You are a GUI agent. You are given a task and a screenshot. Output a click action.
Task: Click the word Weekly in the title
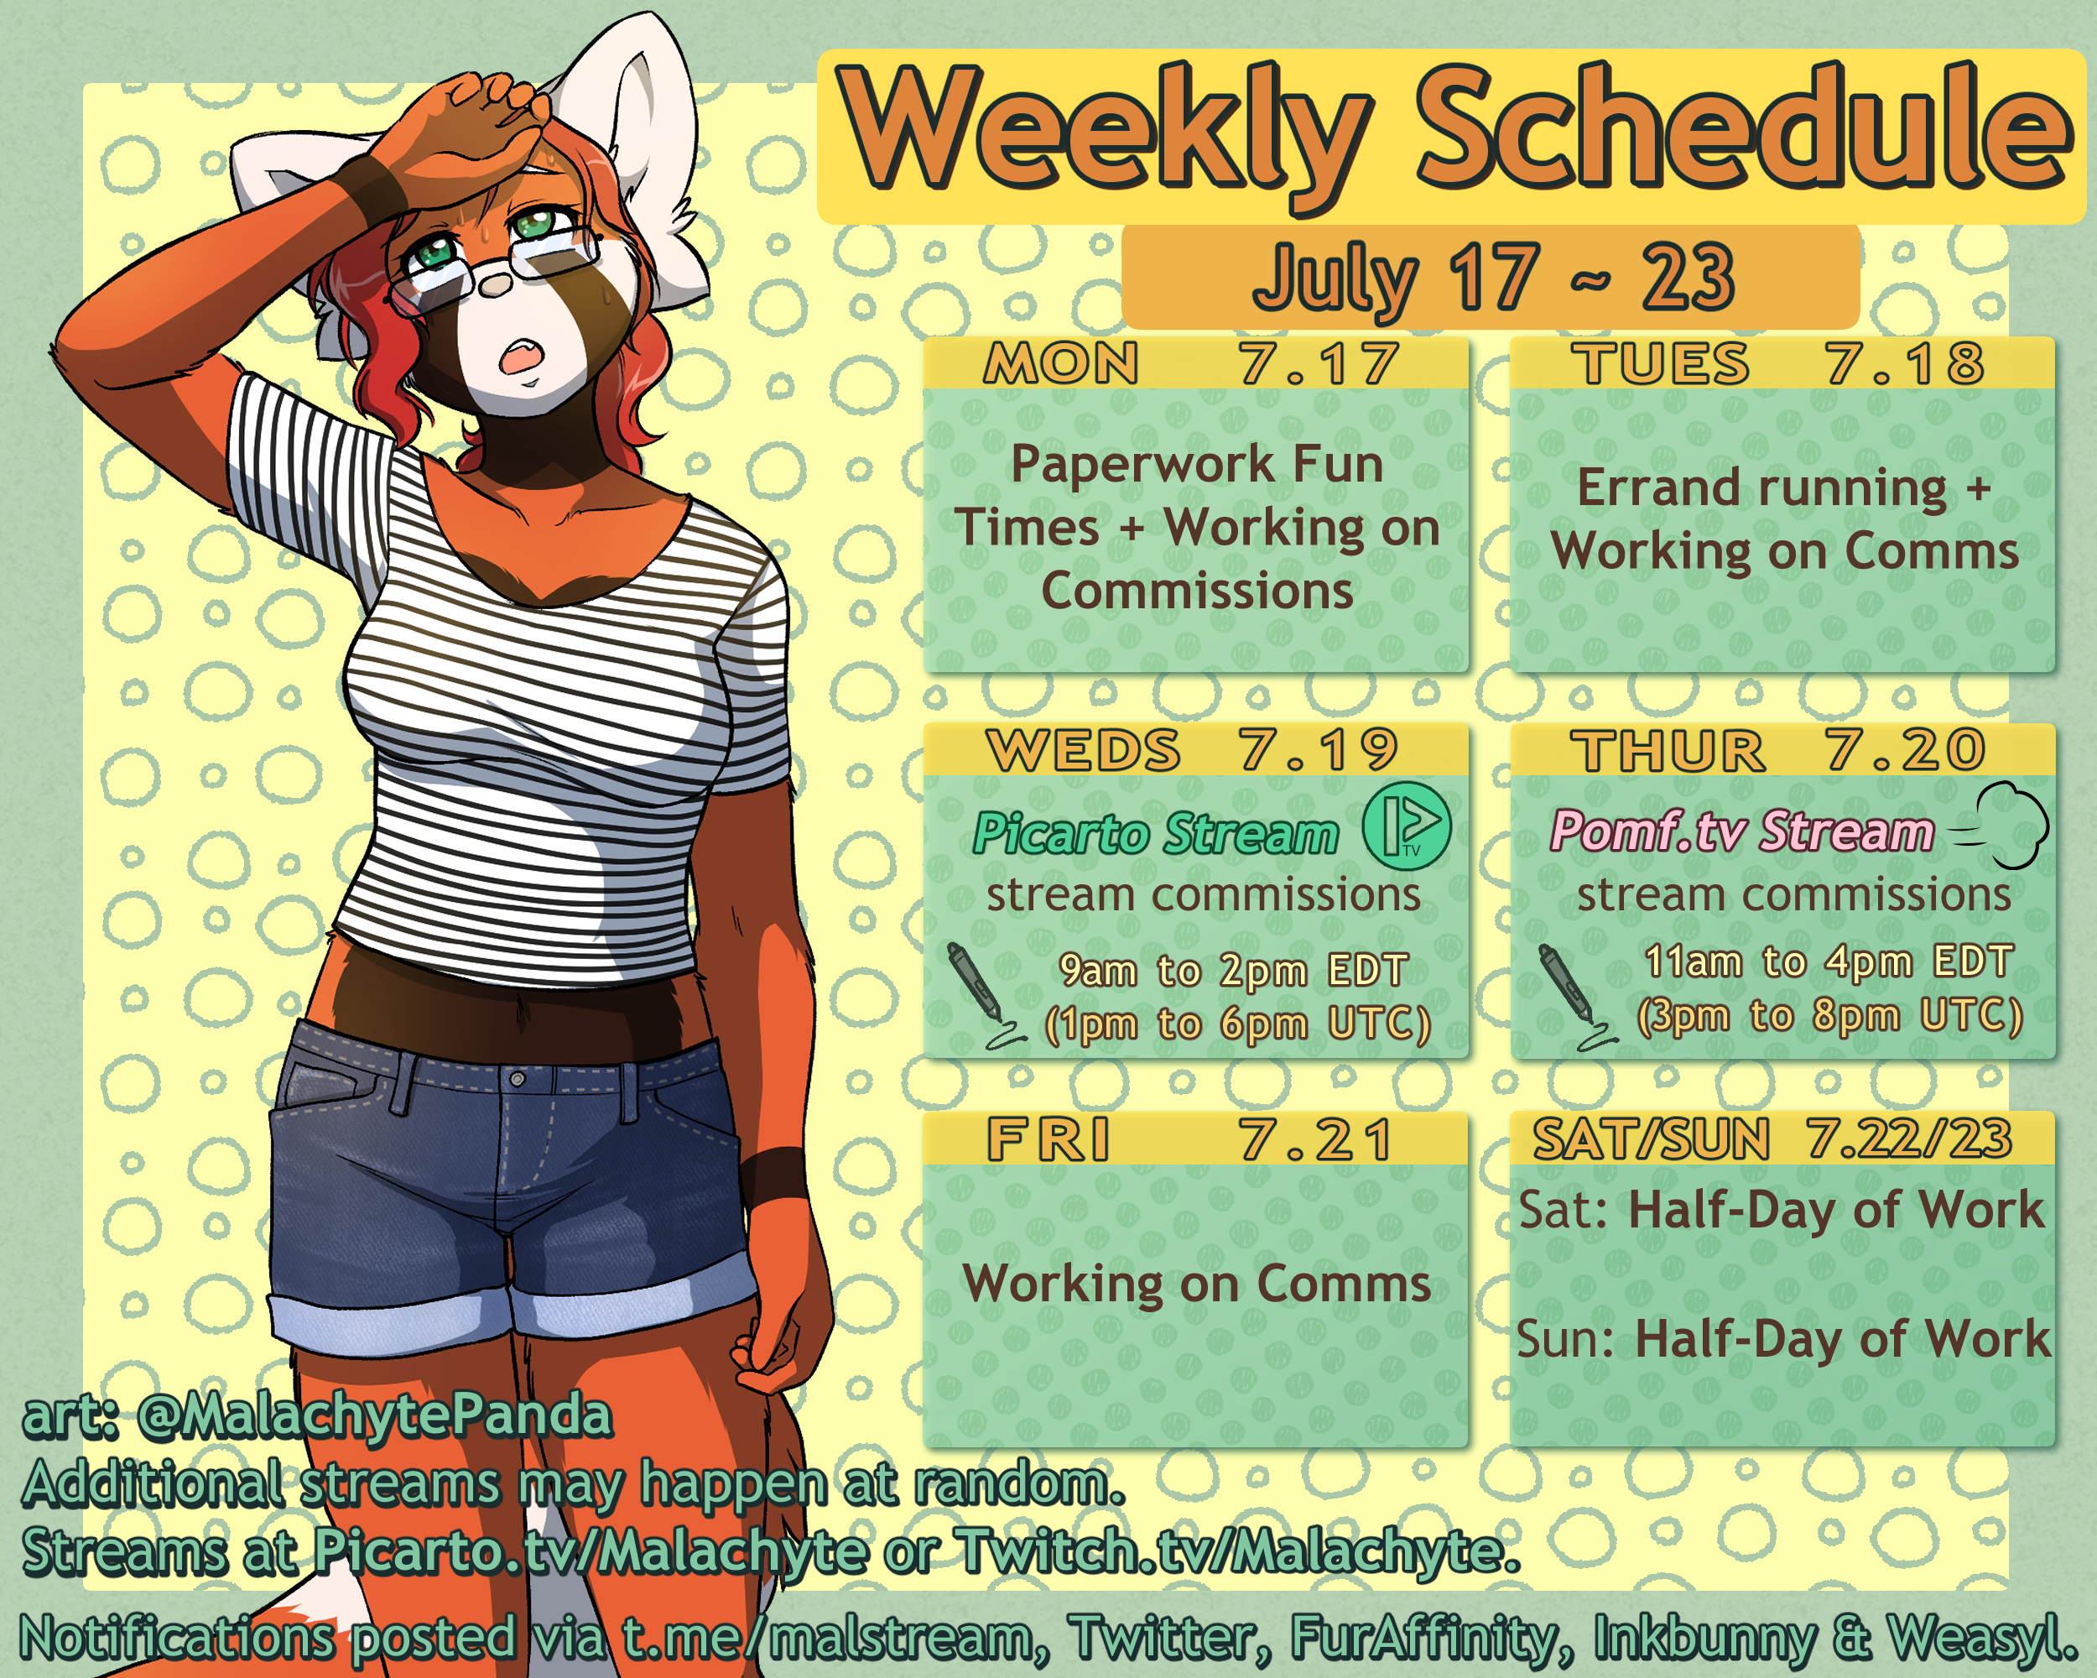point(1105,133)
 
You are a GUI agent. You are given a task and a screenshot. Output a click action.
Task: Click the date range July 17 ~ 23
point(1493,277)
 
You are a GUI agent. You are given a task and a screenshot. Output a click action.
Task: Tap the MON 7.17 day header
point(1195,362)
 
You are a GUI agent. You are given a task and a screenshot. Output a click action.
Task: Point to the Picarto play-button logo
point(1407,826)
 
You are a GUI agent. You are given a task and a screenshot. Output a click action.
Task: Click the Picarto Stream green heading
point(1156,835)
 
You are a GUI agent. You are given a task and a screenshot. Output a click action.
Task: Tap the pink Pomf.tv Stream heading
point(1742,831)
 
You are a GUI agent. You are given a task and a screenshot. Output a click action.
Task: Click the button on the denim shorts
point(518,1079)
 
